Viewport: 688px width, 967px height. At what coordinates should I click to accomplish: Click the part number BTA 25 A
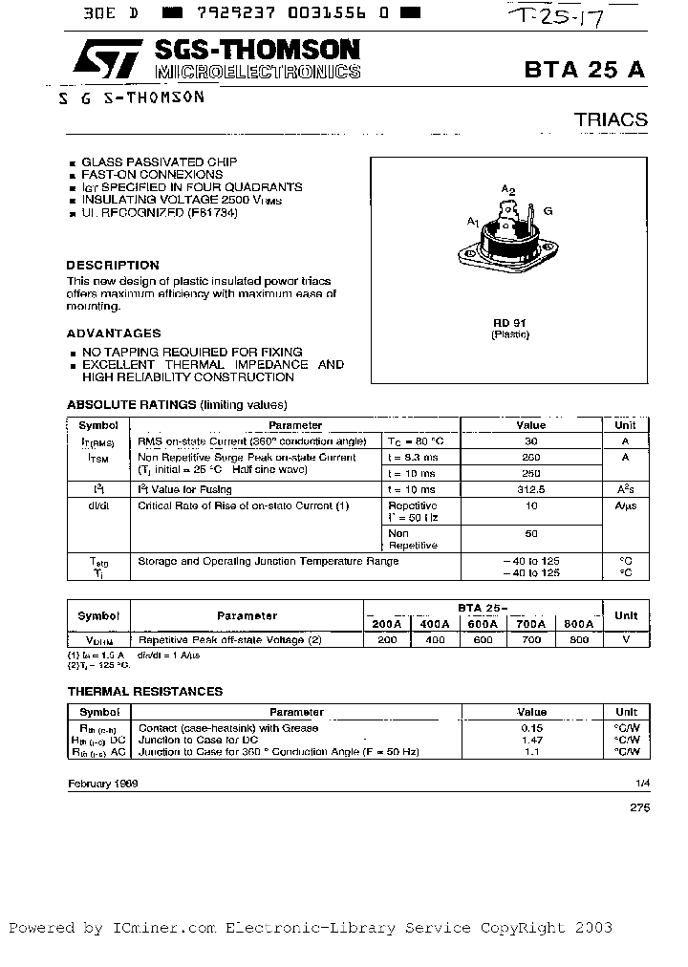point(585,71)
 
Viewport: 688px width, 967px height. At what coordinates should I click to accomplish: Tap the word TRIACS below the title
point(611,119)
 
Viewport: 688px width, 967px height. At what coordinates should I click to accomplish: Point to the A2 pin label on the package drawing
point(508,191)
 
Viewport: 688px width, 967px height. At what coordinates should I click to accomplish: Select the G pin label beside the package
point(548,210)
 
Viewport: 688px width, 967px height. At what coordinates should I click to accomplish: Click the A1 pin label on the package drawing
point(472,222)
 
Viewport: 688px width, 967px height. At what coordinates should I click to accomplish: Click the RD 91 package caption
point(509,323)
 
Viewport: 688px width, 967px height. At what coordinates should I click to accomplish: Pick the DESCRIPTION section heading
point(113,265)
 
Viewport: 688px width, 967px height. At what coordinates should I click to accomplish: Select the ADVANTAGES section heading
point(114,333)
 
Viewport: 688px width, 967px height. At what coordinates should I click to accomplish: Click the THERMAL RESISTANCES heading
point(144,691)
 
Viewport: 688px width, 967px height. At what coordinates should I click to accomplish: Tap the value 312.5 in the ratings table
point(531,488)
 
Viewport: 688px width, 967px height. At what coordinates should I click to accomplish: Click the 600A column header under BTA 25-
point(483,623)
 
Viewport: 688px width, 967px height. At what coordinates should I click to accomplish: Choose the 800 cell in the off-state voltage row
point(579,639)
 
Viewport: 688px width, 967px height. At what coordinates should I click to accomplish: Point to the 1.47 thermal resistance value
point(531,740)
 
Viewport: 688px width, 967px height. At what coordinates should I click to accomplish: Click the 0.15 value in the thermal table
point(531,727)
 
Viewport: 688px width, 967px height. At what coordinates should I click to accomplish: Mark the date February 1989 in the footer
point(102,783)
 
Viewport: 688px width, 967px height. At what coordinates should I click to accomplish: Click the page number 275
point(639,807)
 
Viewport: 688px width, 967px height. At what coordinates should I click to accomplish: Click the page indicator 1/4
point(642,783)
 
